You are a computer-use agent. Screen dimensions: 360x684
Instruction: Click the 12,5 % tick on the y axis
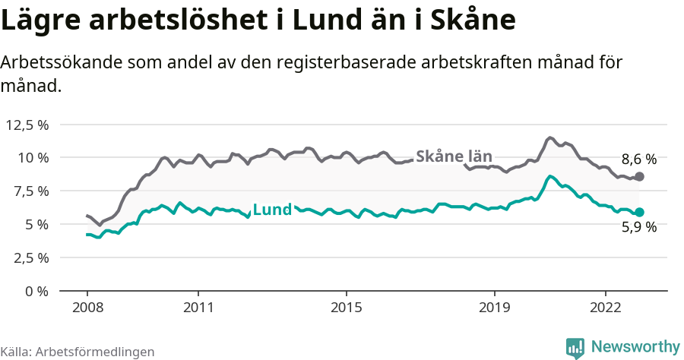click(x=27, y=125)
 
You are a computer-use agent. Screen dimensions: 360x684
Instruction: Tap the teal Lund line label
click(x=271, y=210)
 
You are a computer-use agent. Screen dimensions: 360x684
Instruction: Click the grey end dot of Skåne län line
click(x=639, y=176)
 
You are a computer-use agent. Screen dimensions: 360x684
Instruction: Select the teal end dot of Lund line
click(x=639, y=213)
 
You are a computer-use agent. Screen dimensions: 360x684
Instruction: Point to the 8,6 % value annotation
click(x=638, y=159)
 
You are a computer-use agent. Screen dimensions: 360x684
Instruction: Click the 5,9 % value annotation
click(x=638, y=226)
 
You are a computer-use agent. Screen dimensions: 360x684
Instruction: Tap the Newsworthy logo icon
click(x=575, y=347)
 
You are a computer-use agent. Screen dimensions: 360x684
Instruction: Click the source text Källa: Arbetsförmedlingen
click(x=78, y=352)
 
